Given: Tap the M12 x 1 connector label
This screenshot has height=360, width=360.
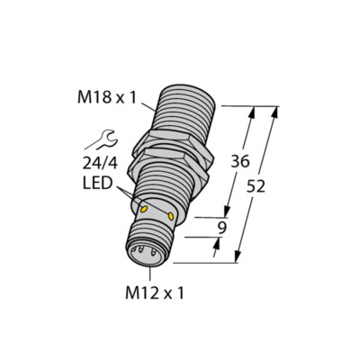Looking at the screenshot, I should click(151, 292).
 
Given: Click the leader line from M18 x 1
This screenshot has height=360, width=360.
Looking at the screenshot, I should click(144, 99).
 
